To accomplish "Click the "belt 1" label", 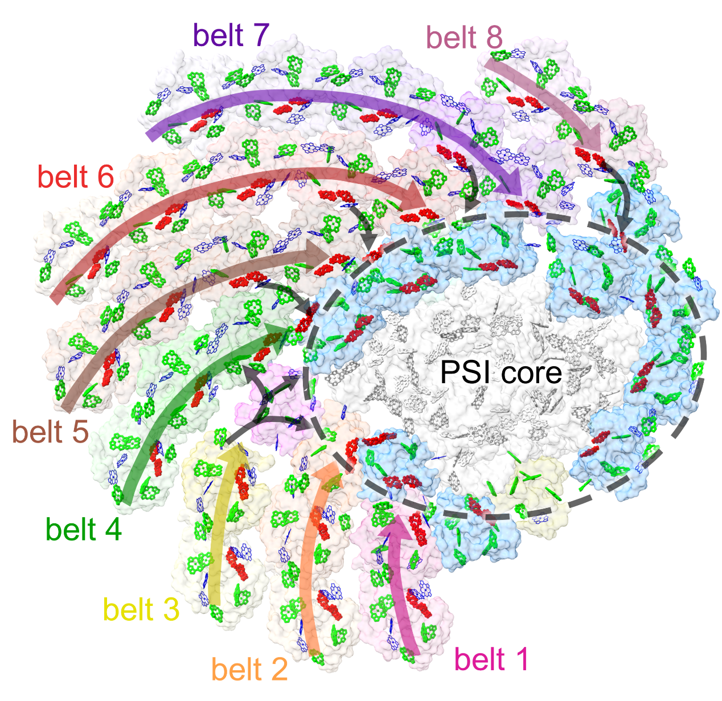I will click(492, 659).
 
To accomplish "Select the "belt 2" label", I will click(249, 669).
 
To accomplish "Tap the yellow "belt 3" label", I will click(141, 610).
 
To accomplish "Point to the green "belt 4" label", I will click(84, 530).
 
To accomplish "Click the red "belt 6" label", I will click(76, 177).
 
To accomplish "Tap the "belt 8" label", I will click(465, 38).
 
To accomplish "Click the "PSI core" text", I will click(501, 372).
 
